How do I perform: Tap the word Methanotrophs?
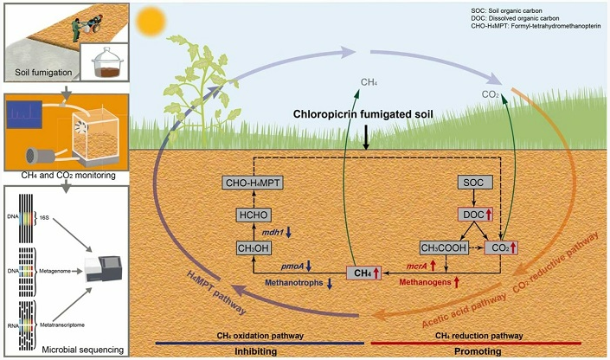point(294,282)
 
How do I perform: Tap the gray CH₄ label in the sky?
point(370,83)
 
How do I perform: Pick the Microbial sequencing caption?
point(66,350)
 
